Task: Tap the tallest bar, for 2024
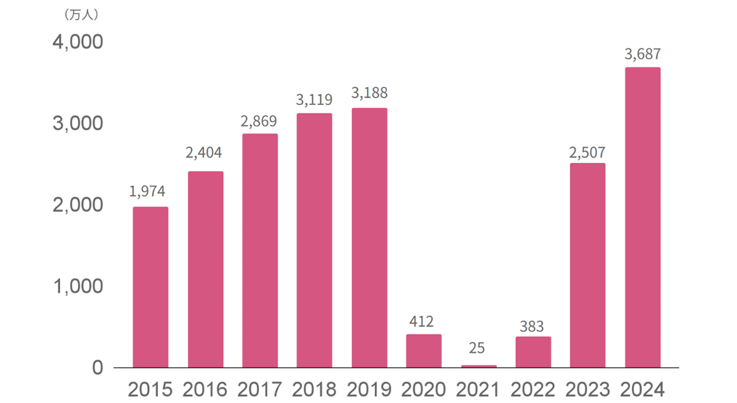[642, 218]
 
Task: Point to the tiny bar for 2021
[478, 366]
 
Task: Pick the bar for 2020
[424, 351]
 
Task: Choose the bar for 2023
[588, 266]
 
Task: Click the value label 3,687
[642, 55]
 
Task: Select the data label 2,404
[204, 153]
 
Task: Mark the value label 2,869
[259, 121]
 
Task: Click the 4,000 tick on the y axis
[77, 43]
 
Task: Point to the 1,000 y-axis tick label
[77, 286]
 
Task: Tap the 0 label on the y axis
[98, 367]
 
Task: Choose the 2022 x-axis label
[533, 390]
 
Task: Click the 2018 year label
[314, 390]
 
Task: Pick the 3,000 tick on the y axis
[77, 124]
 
